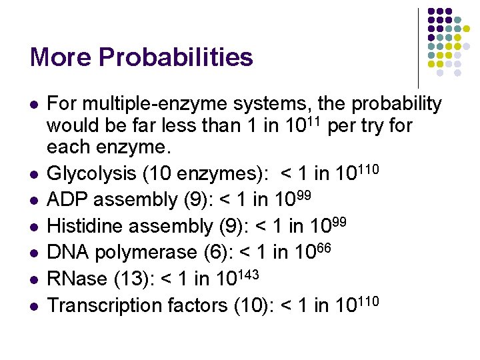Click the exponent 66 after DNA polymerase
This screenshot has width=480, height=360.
click(323, 247)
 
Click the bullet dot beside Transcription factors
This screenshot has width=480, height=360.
click(34, 305)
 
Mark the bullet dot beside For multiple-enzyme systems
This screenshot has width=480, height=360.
click(34, 104)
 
